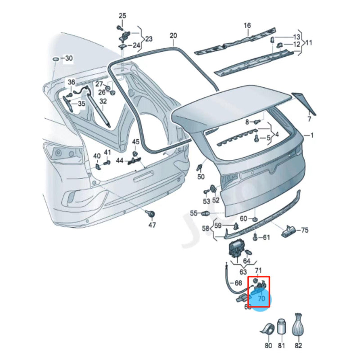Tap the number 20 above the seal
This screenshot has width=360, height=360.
tap(173, 36)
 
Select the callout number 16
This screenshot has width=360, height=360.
tap(247, 25)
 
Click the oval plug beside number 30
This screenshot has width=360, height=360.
tap(56, 59)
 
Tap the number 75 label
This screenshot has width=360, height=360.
tap(305, 230)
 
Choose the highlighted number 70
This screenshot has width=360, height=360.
tap(261, 298)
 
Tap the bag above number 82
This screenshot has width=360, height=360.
tap(298, 324)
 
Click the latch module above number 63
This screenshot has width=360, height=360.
tap(236, 249)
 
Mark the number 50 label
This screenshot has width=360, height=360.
tap(201, 177)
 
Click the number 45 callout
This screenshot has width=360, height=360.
tap(136, 143)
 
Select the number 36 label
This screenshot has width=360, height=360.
tap(72, 82)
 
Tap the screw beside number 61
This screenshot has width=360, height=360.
tap(256, 236)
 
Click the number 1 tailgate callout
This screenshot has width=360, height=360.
tap(313, 135)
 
